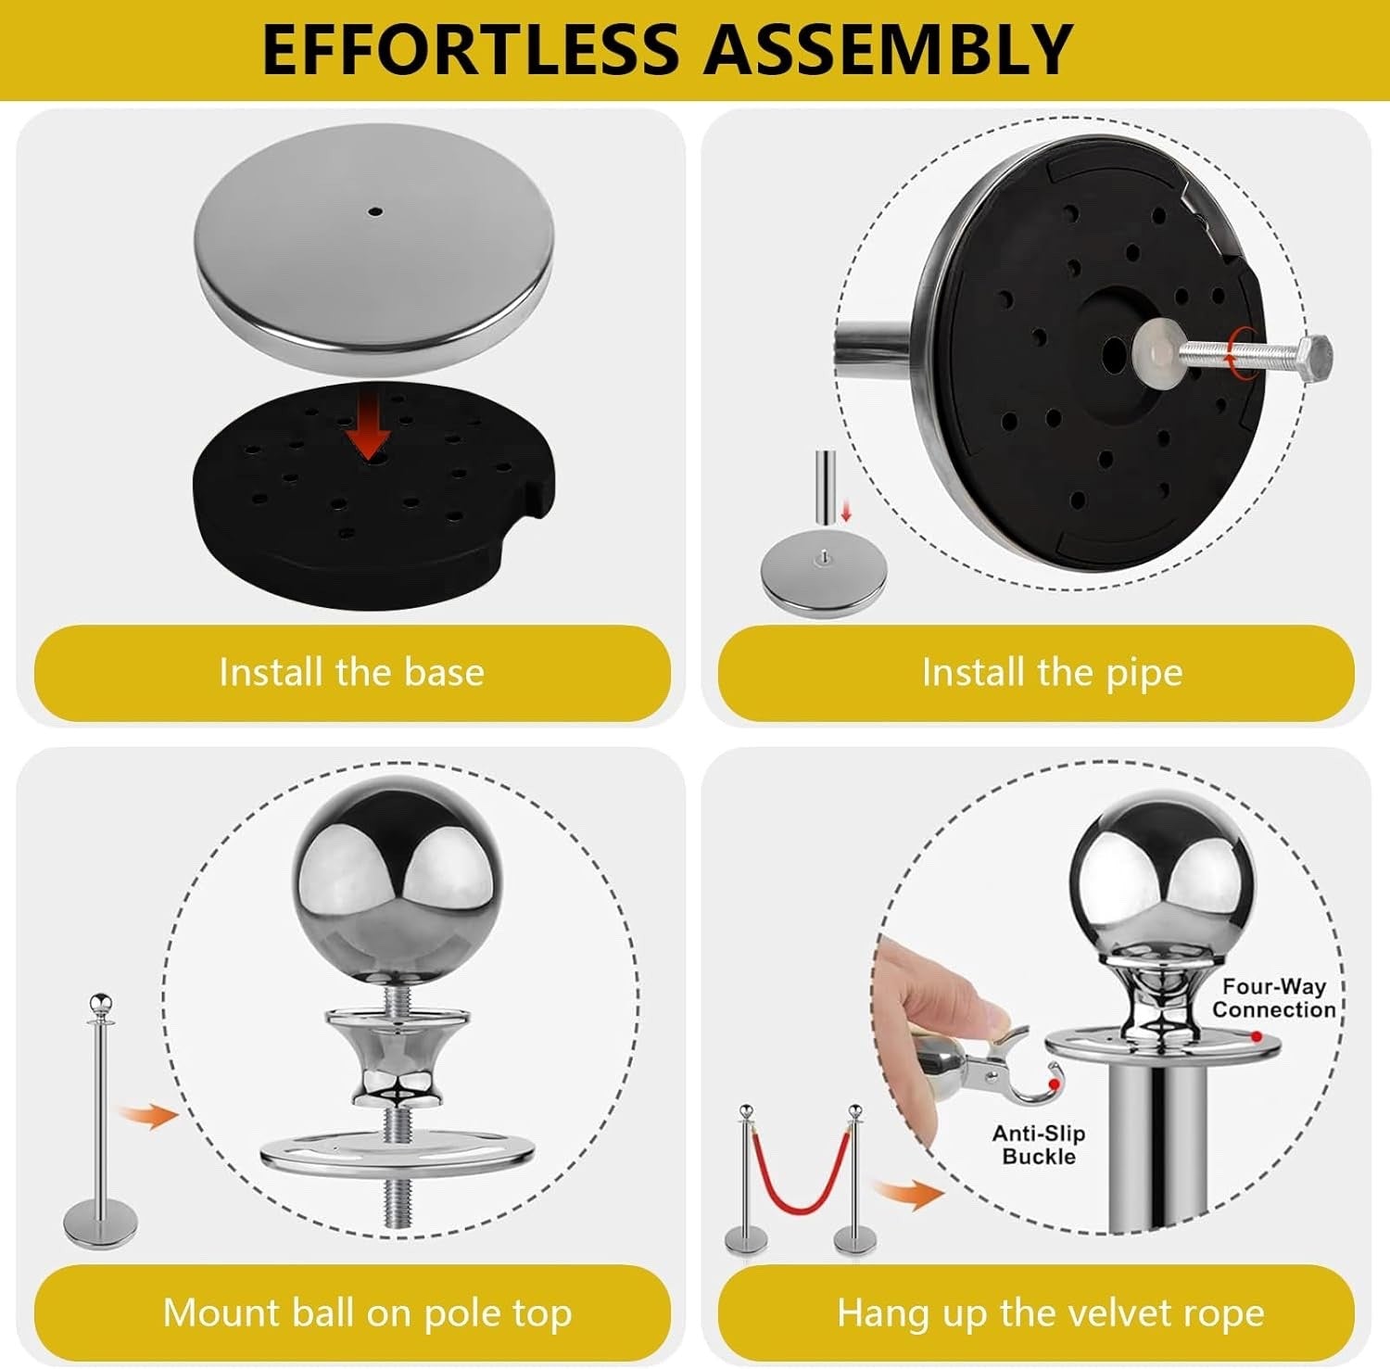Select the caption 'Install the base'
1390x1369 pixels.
coord(352,672)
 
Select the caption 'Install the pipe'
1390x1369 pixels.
coord(1053,673)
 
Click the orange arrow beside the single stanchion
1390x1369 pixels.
coord(149,1115)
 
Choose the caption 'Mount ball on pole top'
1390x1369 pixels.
coord(367,1312)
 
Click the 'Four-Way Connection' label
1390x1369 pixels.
coord(1274,998)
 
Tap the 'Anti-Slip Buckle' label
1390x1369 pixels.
coord(1039,1145)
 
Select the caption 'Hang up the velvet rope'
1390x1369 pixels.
coord(1050,1313)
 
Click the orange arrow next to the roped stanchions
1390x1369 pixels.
coord(912,1194)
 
